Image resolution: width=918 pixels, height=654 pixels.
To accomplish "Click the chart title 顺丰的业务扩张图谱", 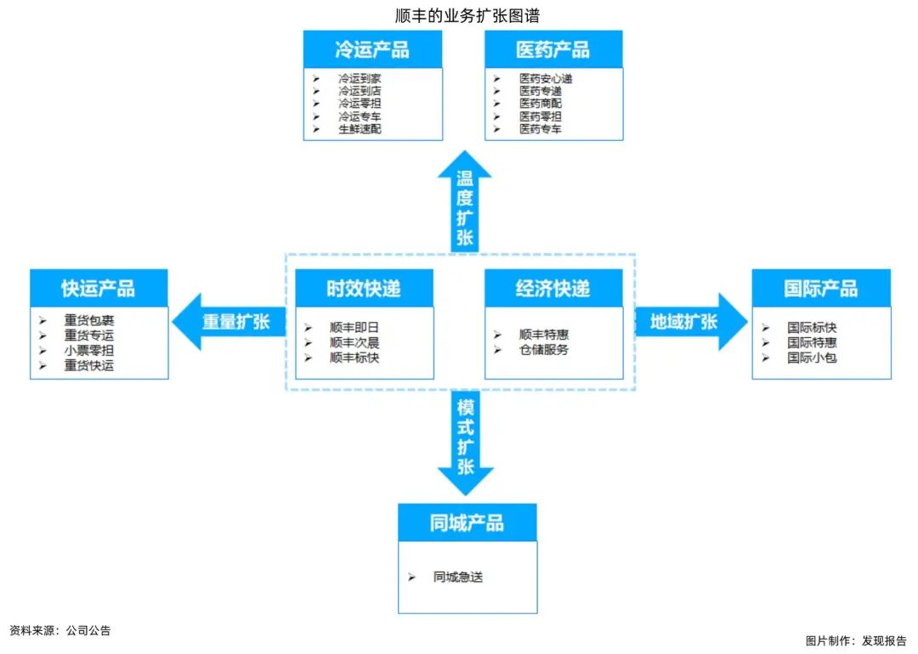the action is click(x=467, y=16).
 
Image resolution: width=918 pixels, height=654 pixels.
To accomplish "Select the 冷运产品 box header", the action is click(x=372, y=50).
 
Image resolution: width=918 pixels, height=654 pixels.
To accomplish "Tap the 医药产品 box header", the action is click(x=553, y=50).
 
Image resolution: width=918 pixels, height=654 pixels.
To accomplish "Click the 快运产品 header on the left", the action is click(x=99, y=288).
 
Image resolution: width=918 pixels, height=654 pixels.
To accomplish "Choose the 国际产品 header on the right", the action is click(x=821, y=288).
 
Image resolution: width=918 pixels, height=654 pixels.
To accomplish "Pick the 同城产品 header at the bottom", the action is click(x=467, y=522).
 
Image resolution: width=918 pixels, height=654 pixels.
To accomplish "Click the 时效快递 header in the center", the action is click(x=364, y=288).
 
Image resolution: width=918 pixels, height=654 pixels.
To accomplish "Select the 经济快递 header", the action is click(x=553, y=288).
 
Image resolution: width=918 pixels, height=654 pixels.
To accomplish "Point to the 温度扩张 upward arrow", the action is click(x=465, y=201).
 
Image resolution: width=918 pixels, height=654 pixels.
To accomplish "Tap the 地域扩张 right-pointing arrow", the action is click(x=691, y=322).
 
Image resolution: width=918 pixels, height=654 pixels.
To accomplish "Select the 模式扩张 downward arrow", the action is click(x=466, y=443).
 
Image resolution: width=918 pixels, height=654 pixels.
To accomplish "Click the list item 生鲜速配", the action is click(x=360, y=129).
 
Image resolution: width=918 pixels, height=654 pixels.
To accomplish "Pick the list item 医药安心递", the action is click(x=546, y=78).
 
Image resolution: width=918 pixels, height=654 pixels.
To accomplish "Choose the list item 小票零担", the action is click(x=89, y=351).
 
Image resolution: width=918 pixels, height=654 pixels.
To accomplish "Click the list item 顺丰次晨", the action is click(x=354, y=342).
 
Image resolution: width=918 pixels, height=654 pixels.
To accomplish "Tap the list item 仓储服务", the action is click(x=544, y=350).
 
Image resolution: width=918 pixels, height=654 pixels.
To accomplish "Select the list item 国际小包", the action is click(x=812, y=358).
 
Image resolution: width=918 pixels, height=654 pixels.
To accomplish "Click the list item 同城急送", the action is click(x=458, y=577).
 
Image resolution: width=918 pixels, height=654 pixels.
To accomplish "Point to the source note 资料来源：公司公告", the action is click(x=59, y=630).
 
